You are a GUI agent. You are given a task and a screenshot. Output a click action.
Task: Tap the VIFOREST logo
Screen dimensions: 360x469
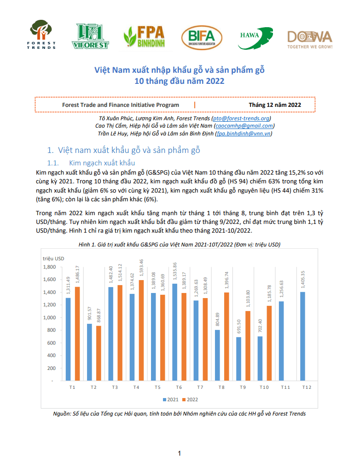tap(90, 36)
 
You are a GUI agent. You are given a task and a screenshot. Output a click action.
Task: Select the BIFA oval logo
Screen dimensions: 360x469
tap(202, 38)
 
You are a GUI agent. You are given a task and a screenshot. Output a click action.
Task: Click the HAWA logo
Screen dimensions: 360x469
tap(255, 38)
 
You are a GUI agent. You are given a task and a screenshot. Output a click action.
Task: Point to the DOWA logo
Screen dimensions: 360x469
tap(310, 40)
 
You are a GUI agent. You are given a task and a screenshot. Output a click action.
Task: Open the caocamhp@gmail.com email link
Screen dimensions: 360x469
tap(244, 126)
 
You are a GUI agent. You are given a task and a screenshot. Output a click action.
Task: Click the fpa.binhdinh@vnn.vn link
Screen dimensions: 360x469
tap(244, 134)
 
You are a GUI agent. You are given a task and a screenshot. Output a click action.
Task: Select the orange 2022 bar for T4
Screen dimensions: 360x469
tap(141, 330)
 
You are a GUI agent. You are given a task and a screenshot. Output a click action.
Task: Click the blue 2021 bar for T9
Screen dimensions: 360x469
tap(238, 359)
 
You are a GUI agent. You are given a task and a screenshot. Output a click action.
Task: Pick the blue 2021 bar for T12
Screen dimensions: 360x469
tap(302, 336)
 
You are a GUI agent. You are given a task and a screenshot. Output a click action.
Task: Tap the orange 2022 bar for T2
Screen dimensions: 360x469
tap(99, 353)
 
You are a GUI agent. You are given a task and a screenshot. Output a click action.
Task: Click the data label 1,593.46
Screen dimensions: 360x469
tap(141, 268)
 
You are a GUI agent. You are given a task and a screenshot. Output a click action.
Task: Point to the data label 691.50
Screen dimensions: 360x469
tap(238, 327)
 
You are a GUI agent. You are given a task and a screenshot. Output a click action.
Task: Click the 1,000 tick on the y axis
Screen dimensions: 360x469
tap(49, 317)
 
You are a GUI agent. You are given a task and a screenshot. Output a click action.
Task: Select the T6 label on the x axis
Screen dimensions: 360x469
tap(179, 387)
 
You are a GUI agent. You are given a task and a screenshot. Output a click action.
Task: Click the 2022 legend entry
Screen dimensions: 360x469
tap(190, 399)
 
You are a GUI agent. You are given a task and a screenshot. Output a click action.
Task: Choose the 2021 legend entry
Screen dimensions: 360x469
tap(170, 399)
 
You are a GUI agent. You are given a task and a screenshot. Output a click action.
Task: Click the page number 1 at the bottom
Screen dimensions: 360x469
tap(180, 453)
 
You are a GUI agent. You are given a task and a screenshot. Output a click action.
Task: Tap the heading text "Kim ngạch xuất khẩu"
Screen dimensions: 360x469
tap(102, 163)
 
